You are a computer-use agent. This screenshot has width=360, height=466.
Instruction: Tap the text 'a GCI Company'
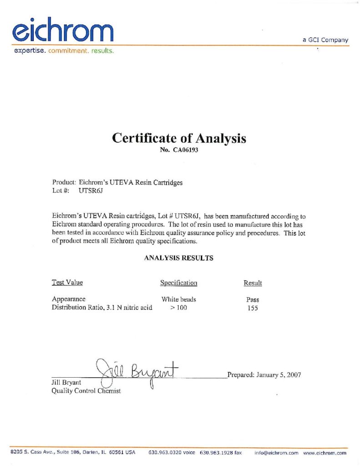click(325, 40)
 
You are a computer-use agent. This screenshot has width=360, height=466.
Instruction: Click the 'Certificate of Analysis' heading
click(179, 138)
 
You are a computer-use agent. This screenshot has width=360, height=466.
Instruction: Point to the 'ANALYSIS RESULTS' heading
click(179, 258)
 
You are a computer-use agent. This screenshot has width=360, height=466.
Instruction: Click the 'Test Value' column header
click(67, 283)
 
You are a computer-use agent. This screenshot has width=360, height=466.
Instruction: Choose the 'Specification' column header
click(178, 283)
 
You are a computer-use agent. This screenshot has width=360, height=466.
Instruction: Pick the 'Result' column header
click(253, 283)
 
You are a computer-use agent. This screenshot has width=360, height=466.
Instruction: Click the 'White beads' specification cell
click(179, 299)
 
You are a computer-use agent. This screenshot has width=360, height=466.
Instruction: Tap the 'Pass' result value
click(253, 300)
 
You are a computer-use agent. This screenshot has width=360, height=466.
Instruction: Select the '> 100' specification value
click(178, 308)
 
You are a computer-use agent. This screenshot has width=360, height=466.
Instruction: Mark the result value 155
click(253, 309)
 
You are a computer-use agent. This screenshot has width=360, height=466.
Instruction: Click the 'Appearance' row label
click(69, 299)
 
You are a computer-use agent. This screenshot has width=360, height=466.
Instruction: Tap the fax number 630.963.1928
click(216, 453)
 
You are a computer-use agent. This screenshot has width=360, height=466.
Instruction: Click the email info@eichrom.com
click(276, 453)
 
